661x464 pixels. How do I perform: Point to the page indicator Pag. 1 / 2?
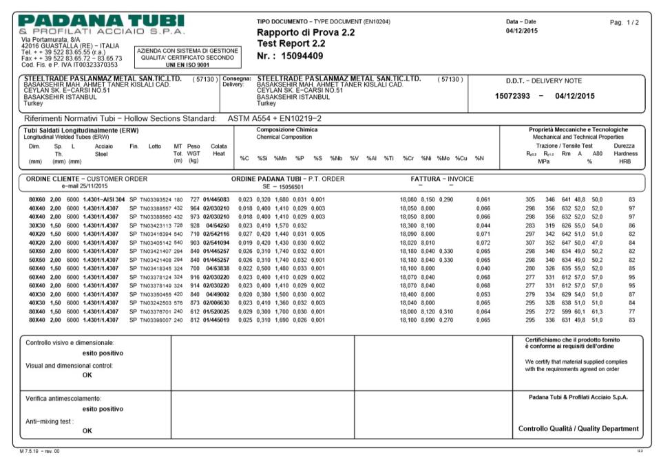point(624,23)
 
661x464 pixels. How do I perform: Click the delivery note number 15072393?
point(512,96)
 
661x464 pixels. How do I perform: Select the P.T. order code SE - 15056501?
point(286,186)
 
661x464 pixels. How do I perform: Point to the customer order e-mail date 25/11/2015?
point(85,186)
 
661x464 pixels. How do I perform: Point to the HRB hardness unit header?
point(625,162)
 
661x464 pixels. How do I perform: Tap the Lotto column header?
point(154,146)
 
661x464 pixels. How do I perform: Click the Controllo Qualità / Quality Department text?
point(578,428)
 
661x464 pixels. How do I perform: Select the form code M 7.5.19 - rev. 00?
point(40,451)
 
